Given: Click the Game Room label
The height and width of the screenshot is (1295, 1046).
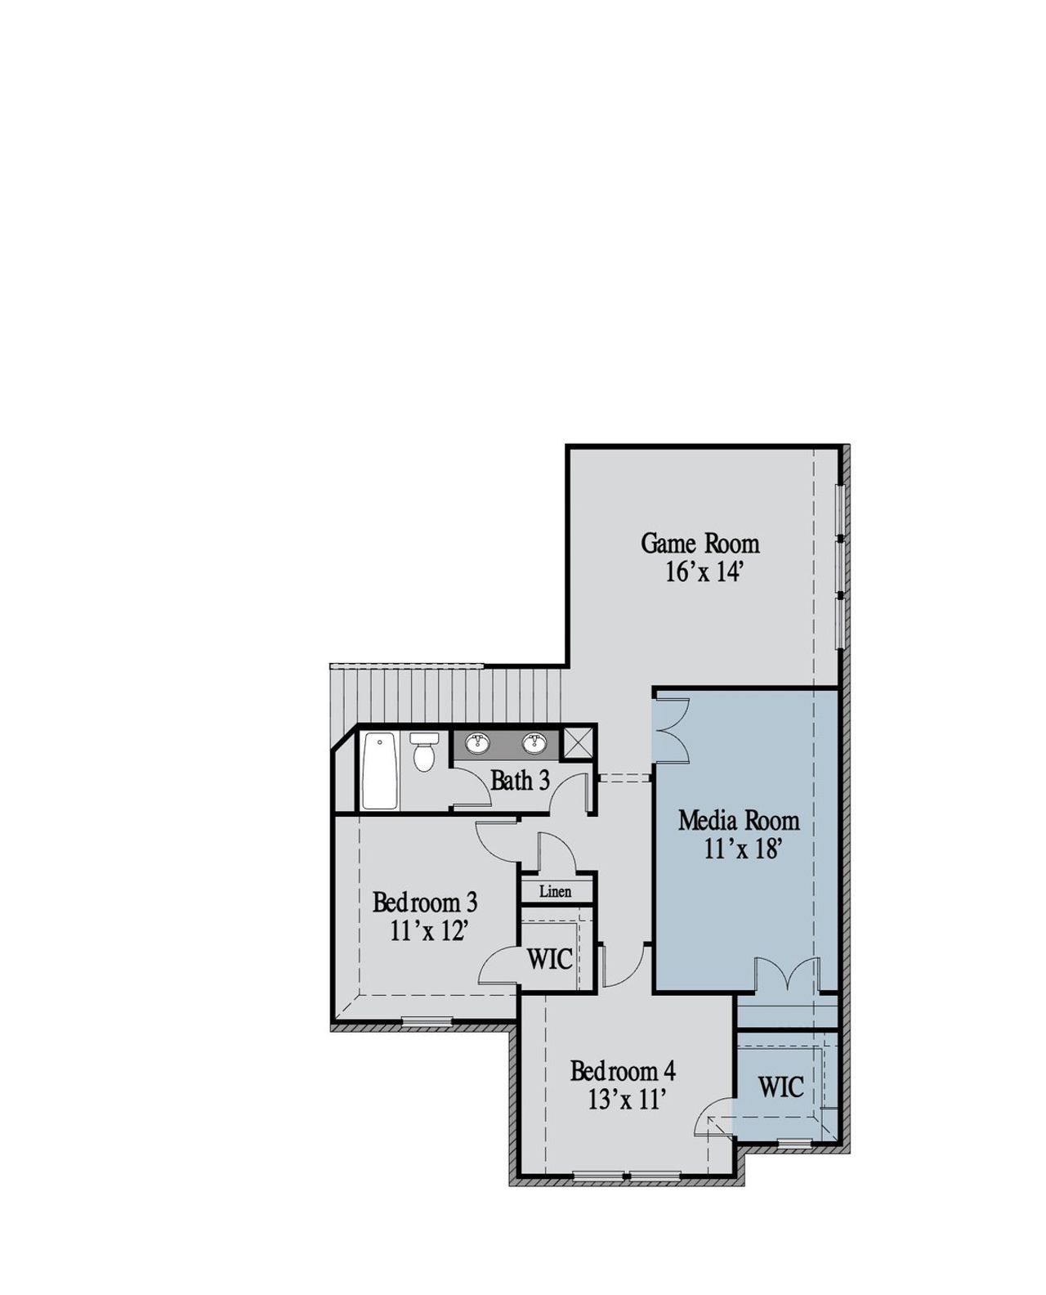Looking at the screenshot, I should pyautogui.click(x=700, y=544).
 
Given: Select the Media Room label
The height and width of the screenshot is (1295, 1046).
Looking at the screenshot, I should pyautogui.click(x=739, y=820).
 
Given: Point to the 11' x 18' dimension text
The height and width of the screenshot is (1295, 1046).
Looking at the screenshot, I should pyautogui.click(x=738, y=849).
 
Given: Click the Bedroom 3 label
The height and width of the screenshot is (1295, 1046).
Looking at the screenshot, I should pyautogui.click(x=425, y=903).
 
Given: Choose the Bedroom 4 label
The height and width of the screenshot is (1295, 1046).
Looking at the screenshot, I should pyautogui.click(x=623, y=1070).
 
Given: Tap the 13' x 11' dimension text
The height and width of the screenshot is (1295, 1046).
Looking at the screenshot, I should pyautogui.click(x=623, y=1100).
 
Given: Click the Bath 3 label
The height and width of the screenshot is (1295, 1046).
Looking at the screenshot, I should pyautogui.click(x=520, y=781).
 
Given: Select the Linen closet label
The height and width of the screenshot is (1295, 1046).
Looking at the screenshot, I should pyautogui.click(x=555, y=891).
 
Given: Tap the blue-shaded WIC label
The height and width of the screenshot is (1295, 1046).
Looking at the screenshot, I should pyautogui.click(x=780, y=1087).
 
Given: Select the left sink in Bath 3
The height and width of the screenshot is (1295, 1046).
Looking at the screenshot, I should pyautogui.click(x=478, y=743).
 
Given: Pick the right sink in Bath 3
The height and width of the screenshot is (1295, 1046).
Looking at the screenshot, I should pyautogui.click(x=535, y=743).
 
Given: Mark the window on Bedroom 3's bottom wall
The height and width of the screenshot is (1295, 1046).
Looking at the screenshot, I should pyautogui.click(x=427, y=1020).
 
